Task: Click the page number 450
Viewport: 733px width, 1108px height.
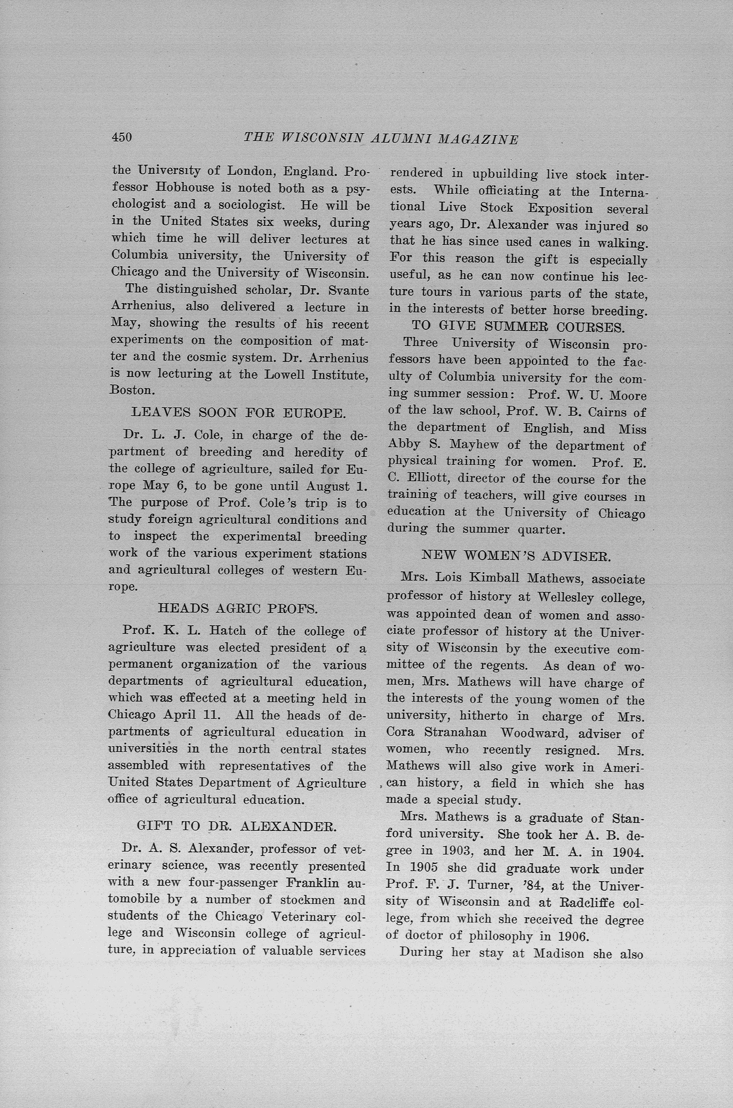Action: (x=122, y=137)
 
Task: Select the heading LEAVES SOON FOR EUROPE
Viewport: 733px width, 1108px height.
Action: (x=238, y=413)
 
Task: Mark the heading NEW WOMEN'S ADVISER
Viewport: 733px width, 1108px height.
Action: (x=516, y=556)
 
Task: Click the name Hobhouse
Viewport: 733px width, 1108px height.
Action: (x=185, y=188)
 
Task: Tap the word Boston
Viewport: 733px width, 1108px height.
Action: (x=131, y=390)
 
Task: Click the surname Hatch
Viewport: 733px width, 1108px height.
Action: (x=227, y=630)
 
